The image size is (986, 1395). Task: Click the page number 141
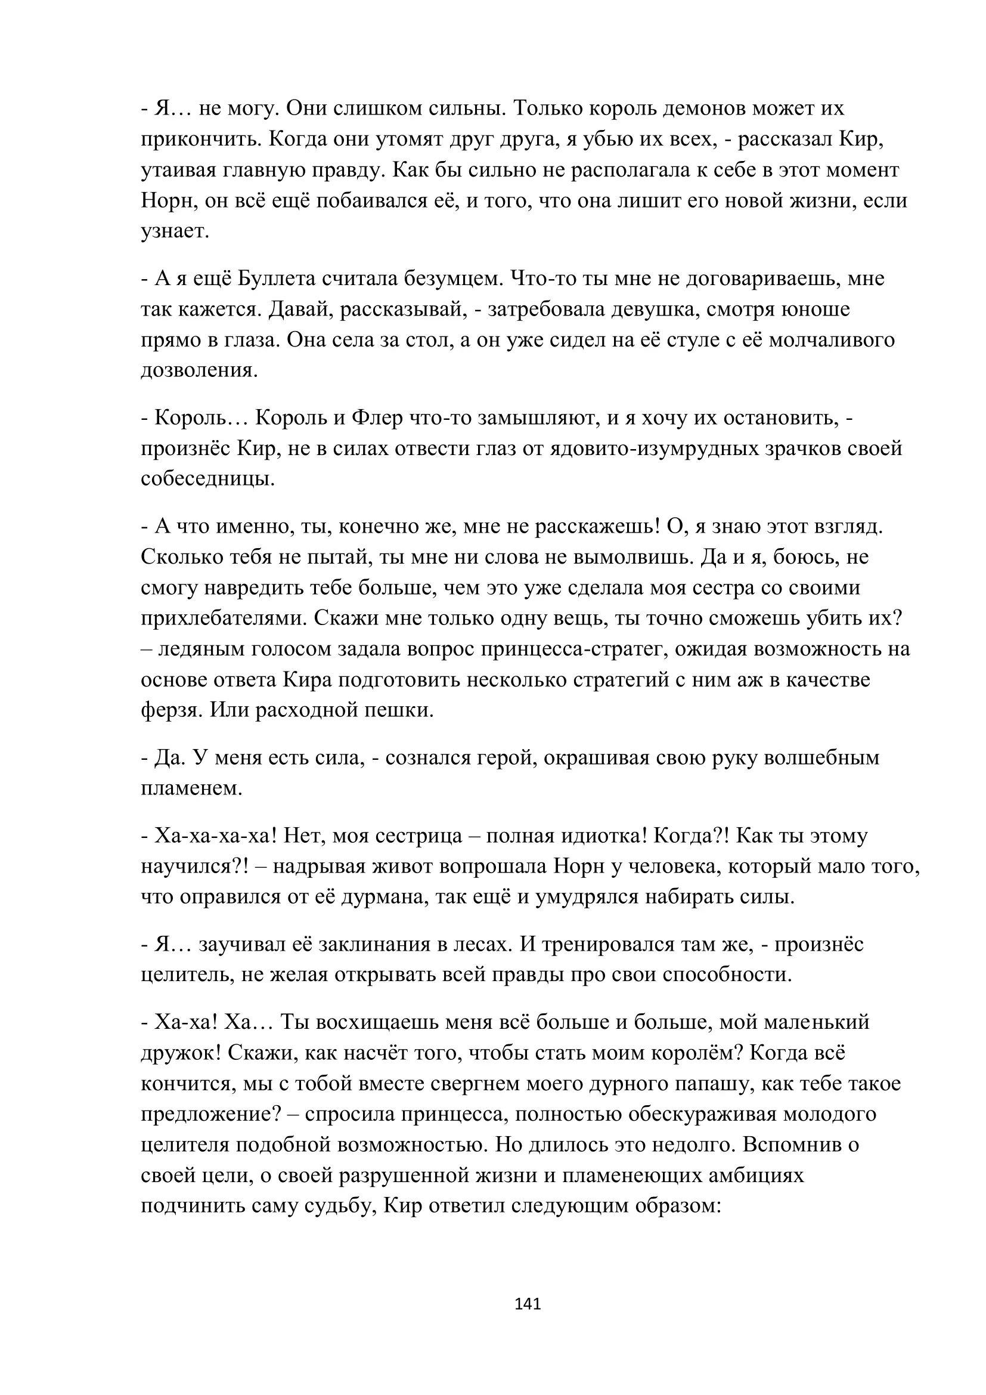tap(527, 1304)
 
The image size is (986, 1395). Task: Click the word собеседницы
tap(207, 479)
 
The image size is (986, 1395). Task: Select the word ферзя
tap(171, 710)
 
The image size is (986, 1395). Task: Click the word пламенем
tap(191, 788)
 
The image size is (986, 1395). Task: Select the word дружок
tap(180, 1053)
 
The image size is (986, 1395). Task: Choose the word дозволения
tap(199, 370)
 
